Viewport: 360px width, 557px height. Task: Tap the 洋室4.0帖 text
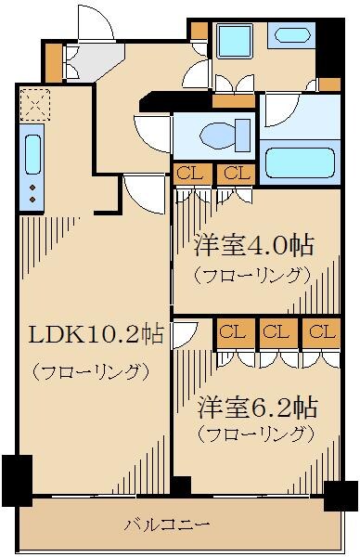coord(252,246)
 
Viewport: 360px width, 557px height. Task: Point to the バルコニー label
coord(167,524)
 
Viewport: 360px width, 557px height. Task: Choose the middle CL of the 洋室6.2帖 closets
coord(273,332)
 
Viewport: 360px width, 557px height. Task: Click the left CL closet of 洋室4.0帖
coord(186,173)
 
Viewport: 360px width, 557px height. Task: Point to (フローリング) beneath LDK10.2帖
coord(91,372)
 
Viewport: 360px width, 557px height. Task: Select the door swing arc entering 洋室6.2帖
coord(184,332)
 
